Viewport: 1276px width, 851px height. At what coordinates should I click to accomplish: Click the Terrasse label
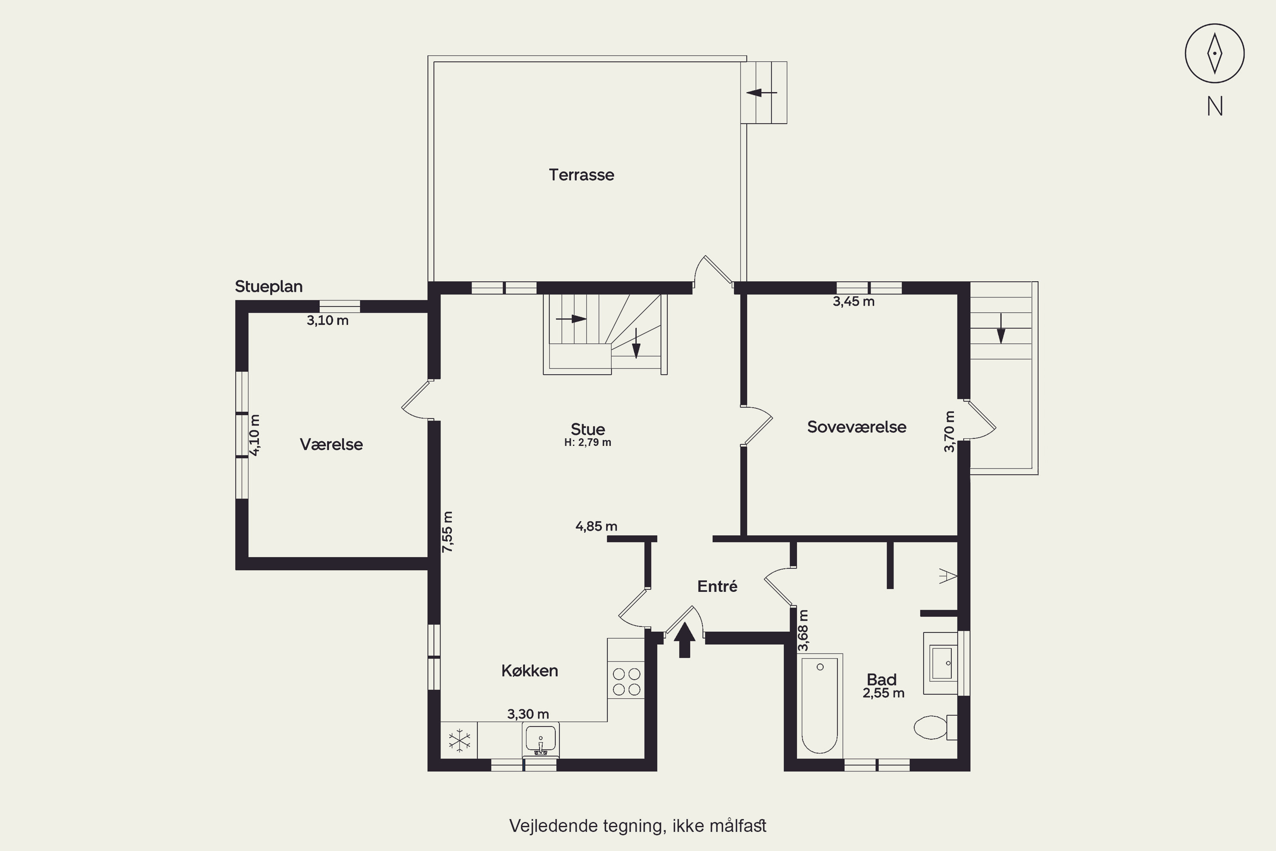coord(581,175)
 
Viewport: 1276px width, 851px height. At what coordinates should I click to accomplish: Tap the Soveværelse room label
coord(857,427)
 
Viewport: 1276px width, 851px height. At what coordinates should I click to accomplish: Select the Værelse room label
coord(331,445)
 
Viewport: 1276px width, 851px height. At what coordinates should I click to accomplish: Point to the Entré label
coord(717,586)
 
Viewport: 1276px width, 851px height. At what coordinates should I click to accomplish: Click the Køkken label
coord(530,671)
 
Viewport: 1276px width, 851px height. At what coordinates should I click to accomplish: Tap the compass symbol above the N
coord(1215,53)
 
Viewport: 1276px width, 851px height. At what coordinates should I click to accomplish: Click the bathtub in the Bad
coord(820,705)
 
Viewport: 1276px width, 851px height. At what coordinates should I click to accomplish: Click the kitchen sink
coord(540,739)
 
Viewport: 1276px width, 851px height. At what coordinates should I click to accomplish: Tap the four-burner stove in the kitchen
coord(627,682)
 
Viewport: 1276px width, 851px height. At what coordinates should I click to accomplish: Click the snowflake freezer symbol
coord(459,740)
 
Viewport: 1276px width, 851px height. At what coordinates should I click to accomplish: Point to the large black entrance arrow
coord(685,640)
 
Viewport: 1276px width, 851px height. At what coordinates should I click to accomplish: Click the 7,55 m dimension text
coord(447,532)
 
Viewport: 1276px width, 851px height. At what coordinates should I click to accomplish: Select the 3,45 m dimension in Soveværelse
coord(853,302)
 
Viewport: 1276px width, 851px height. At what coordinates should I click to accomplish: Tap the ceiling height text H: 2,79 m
coord(587,443)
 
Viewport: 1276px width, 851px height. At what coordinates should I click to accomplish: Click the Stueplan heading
coord(268,286)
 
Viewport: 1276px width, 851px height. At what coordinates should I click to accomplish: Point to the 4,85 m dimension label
coord(596,526)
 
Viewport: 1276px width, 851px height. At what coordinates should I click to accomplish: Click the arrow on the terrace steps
coord(762,93)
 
